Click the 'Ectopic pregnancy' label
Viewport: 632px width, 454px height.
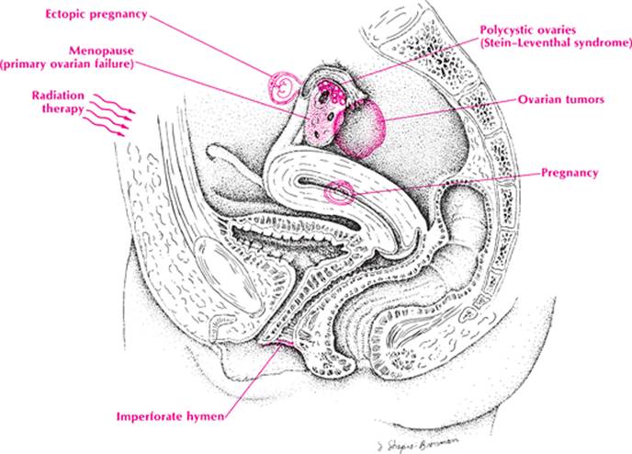click(x=96, y=14)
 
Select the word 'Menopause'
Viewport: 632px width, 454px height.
click(x=101, y=51)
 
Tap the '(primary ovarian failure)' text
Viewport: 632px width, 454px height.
click(x=67, y=64)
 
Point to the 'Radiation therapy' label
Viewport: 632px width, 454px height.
click(x=59, y=102)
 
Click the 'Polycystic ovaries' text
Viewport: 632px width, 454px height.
click(x=527, y=29)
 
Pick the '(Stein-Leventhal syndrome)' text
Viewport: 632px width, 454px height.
click(x=556, y=43)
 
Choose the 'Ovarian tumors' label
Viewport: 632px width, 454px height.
click(x=561, y=99)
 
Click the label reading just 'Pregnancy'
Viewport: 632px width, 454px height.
click(x=570, y=173)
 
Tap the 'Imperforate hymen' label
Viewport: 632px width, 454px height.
click(x=170, y=416)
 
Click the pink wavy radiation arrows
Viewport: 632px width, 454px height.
click(x=109, y=115)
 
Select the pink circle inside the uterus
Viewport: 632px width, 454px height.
click(x=339, y=193)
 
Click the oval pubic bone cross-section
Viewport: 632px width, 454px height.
click(x=227, y=274)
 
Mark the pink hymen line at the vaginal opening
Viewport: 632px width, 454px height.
click(x=277, y=343)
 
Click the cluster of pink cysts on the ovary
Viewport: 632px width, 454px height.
click(x=332, y=92)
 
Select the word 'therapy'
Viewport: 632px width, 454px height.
click(x=63, y=108)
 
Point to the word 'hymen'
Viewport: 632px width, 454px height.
click(x=206, y=416)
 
